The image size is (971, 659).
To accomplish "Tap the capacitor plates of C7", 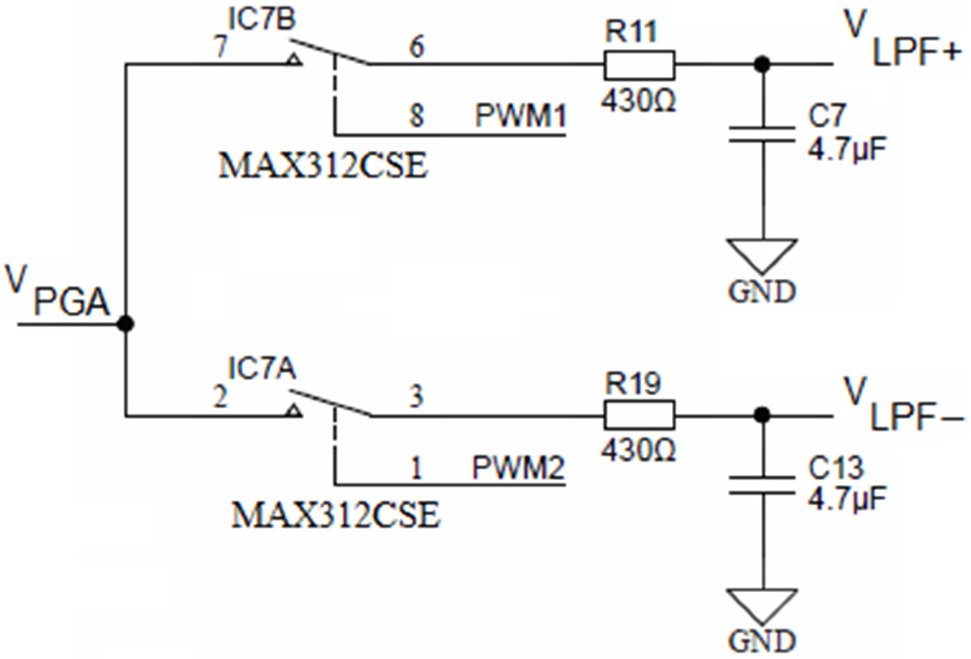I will [762, 134].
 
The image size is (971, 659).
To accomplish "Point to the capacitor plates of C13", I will [762, 485].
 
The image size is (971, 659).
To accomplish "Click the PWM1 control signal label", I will [520, 115].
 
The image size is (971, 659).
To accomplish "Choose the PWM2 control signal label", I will [518, 467].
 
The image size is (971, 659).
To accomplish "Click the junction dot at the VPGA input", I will [125, 324].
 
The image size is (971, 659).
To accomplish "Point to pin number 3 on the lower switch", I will [416, 397].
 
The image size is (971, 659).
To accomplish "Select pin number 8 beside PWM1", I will [416, 115].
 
